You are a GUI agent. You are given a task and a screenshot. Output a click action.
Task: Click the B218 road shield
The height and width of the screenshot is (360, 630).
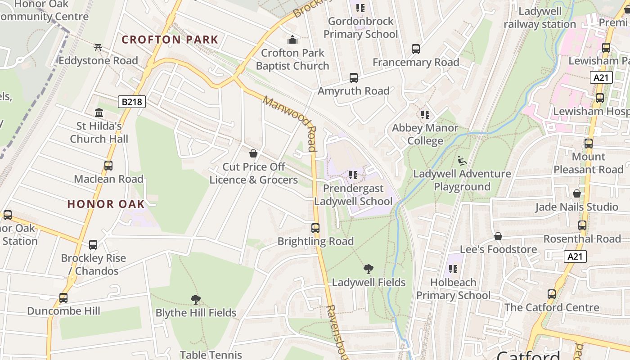[x=132, y=102]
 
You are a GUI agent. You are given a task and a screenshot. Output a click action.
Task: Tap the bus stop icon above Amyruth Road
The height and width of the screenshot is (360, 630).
[x=354, y=78]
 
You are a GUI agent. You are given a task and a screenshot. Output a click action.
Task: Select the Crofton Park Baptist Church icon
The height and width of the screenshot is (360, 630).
[x=292, y=40]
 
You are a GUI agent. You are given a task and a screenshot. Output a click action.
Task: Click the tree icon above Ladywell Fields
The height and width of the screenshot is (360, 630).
[x=369, y=269]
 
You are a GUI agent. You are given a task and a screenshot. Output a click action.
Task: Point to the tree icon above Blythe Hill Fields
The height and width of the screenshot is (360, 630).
[x=195, y=299]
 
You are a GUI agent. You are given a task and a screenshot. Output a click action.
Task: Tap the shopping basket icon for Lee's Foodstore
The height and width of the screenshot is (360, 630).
[x=498, y=236]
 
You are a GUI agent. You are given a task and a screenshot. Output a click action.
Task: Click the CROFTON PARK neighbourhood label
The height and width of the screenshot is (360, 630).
[x=170, y=40]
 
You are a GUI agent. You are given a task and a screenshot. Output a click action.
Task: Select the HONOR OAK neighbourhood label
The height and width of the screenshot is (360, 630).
[x=106, y=204]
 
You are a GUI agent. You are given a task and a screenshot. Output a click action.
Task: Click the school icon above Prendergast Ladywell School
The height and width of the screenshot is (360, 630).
[x=353, y=175]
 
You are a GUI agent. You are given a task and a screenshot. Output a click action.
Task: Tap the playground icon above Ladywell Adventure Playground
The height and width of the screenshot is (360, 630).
[x=462, y=160]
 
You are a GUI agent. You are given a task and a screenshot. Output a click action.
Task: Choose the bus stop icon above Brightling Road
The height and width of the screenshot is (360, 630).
[x=315, y=228]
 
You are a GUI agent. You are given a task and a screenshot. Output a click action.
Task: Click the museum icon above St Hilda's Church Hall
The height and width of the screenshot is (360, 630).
[x=99, y=112]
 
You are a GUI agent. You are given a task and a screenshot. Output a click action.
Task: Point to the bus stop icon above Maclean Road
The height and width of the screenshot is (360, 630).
[x=108, y=166]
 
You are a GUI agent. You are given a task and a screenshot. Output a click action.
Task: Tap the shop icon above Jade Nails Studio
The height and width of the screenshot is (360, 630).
[x=576, y=193]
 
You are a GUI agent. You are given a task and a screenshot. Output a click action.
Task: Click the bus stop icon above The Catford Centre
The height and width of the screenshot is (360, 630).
[x=552, y=294]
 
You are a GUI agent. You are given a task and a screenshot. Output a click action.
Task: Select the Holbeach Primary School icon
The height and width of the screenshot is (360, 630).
[x=453, y=269]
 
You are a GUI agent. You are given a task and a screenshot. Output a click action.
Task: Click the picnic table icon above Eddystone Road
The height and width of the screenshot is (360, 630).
[x=98, y=47]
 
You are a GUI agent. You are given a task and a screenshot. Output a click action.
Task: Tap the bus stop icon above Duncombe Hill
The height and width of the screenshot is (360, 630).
[x=63, y=298]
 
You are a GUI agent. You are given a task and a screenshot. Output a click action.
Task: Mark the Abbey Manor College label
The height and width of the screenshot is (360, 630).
[x=425, y=135]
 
